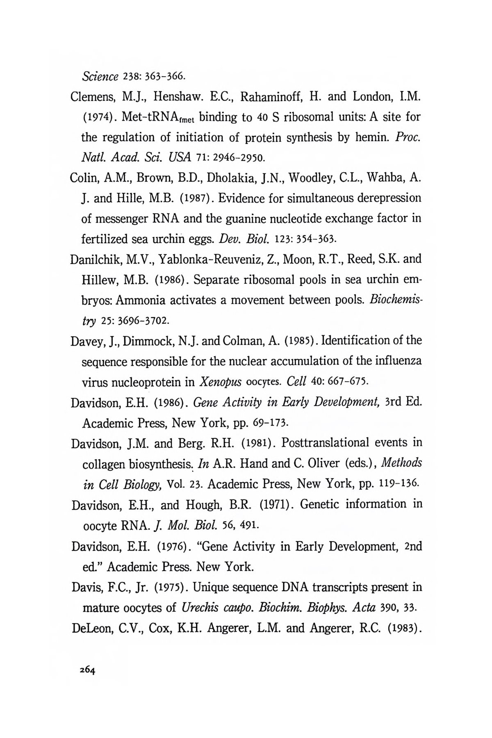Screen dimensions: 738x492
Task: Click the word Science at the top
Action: [100, 76]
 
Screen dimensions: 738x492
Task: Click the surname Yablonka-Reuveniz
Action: [214, 259]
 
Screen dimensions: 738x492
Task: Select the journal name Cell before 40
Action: [296, 382]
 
